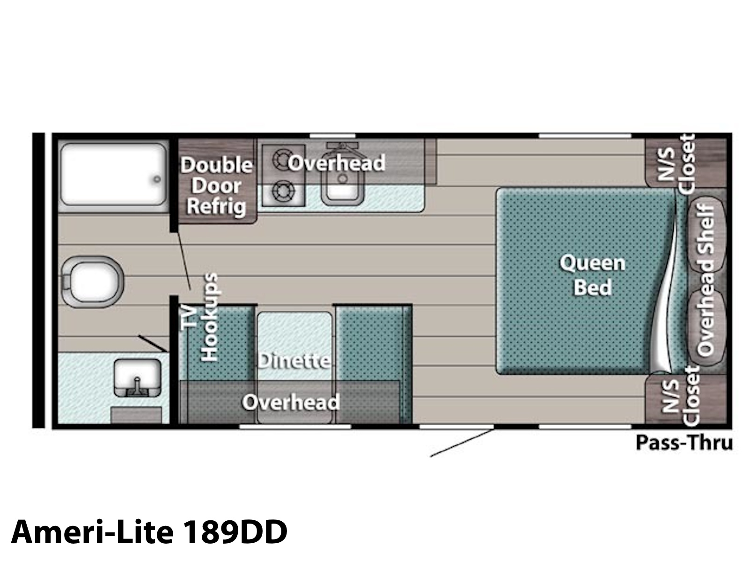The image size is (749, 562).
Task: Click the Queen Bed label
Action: coord(592,275)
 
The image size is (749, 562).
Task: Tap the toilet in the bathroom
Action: coord(92,282)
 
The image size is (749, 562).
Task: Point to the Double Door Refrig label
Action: coord(217,185)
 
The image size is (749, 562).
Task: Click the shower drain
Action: coord(157,179)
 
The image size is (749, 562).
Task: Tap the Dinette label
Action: coord(294,361)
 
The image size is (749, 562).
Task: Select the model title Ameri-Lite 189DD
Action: coord(149,532)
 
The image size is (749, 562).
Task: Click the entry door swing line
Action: coord(462,443)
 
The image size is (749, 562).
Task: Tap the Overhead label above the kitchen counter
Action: coord(337,163)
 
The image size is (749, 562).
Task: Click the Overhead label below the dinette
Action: coord(291,402)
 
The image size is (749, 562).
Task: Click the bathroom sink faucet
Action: coord(137,387)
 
